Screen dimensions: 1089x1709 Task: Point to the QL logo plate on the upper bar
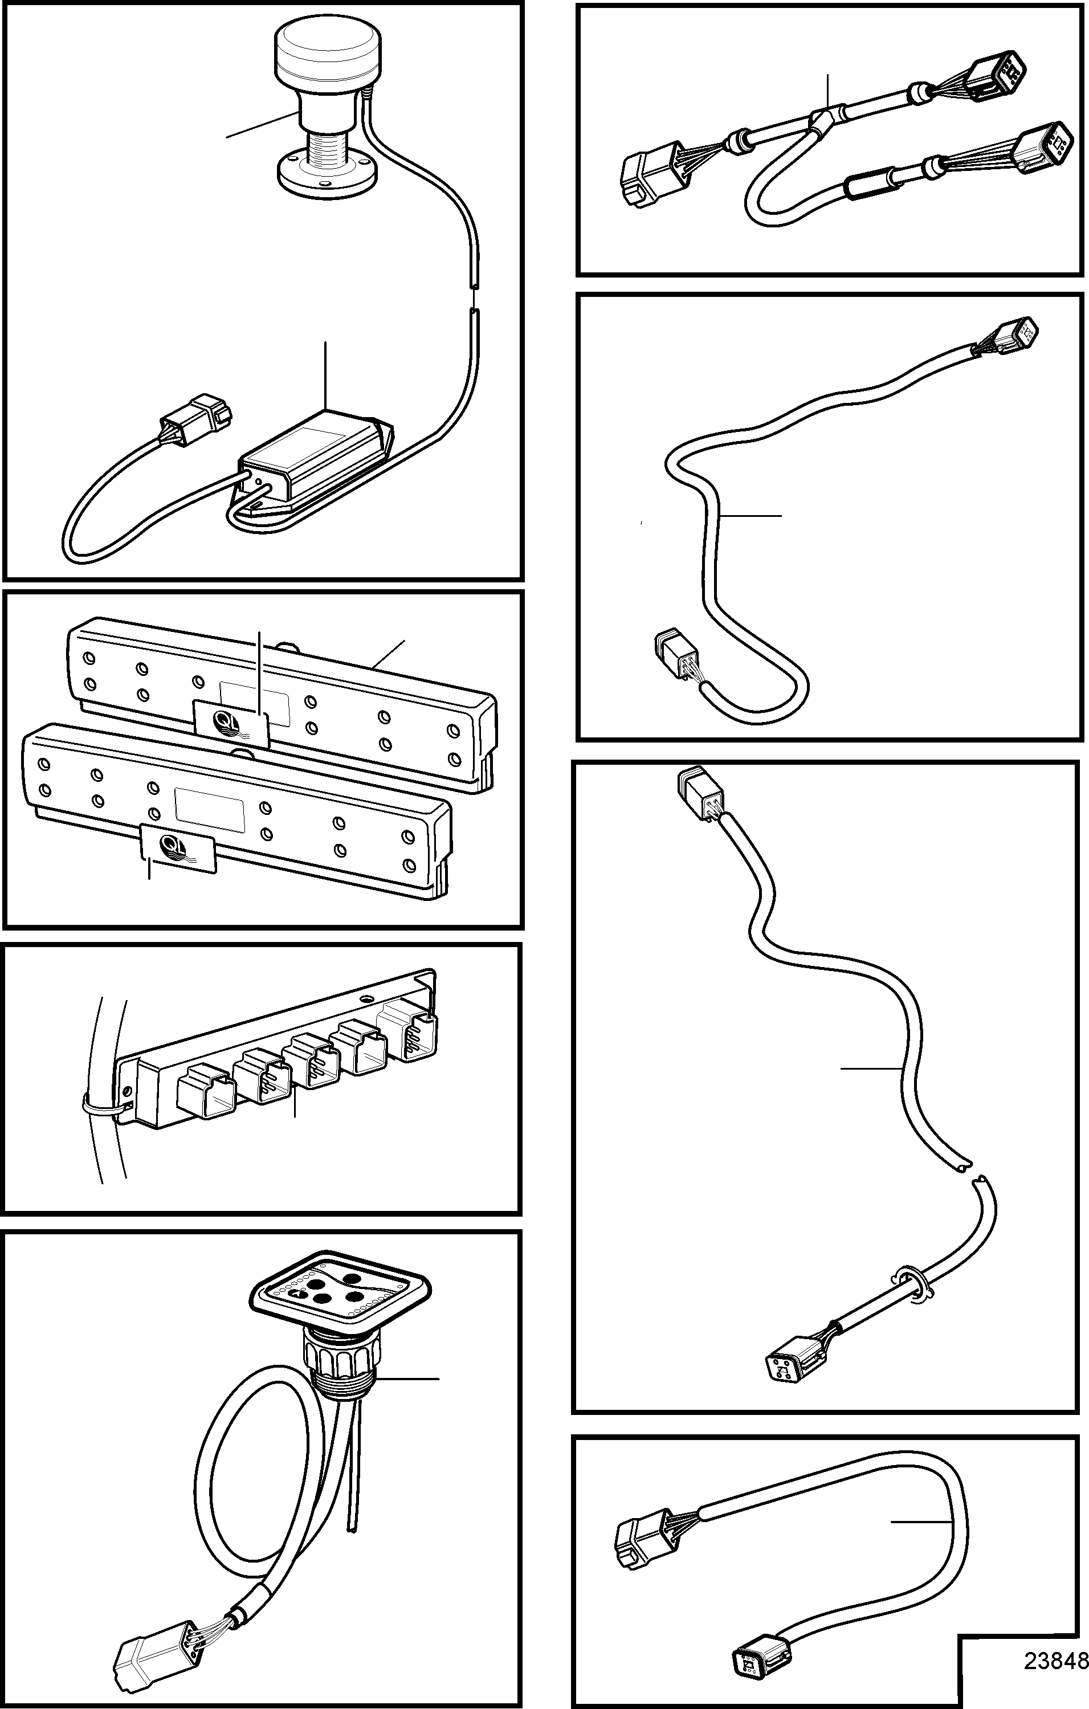(x=231, y=723)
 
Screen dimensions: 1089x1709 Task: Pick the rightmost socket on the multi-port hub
(x=408, y=1030)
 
